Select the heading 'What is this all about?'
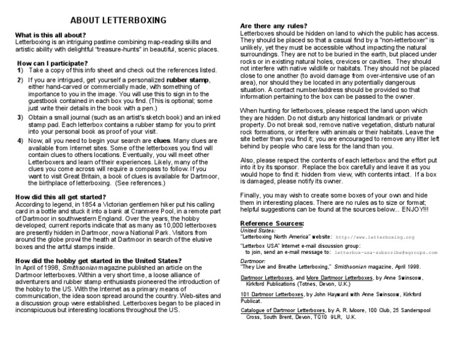pos(51,36)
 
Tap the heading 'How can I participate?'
pos(53,63)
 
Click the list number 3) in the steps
pos(20,117)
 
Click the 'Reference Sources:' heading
pos(272,223)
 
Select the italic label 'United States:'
pos(257,230)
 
